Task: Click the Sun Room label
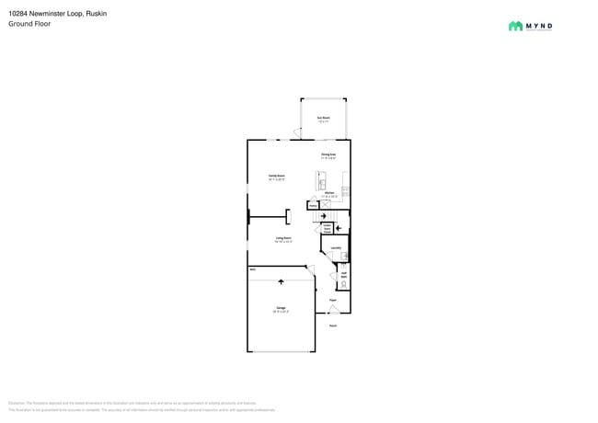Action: (324, 118)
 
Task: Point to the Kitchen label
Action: (330, 194)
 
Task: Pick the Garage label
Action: (281, 308)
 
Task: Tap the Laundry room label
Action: (337, 247)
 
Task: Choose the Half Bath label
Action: (343, 273)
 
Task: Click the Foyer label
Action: (333, 298)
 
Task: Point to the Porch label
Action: (333, 326)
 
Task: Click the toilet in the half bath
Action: (343, 284)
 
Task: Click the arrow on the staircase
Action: (323, 216)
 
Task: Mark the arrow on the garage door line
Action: (284, 280)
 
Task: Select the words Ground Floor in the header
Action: (30, 24)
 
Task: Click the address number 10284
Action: (19, 13)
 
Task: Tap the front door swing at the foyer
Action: (332, 310)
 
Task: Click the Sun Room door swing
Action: (300, 136)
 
